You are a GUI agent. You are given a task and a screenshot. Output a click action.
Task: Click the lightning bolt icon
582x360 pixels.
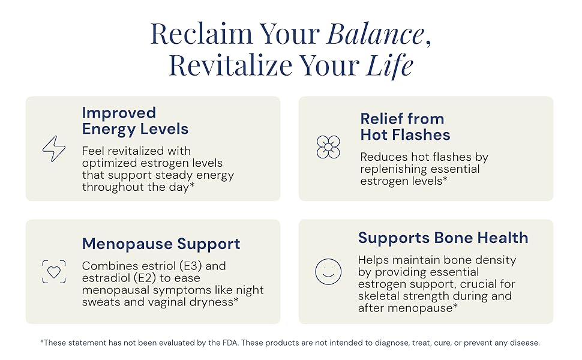click(x=54, y=148)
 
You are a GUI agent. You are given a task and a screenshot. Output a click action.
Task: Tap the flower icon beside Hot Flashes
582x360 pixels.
click(x=328, y=147)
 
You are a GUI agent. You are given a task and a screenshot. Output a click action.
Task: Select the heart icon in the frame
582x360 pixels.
click(x=54, y=272)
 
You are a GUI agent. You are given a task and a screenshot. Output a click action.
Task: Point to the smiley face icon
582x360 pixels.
click(x=328, y=272)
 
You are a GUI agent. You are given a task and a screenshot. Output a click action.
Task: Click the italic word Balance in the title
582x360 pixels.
click(x=375, y=34)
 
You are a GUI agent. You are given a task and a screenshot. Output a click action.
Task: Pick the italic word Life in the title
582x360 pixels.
click(x=389, y=65)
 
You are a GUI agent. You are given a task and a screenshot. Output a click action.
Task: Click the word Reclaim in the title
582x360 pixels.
click(x=202, y=34)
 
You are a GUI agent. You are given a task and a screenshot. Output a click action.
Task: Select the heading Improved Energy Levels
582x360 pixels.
click(x=135, y=121)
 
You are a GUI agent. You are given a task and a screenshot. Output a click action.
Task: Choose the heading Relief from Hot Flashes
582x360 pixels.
click(x=405, y=127)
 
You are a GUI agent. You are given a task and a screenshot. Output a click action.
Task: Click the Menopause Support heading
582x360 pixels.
click(x=161, y=244)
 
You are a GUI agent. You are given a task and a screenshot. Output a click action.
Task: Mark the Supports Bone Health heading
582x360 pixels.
click(x=443, y=238)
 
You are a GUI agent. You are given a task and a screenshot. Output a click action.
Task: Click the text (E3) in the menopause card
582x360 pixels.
click(x=190, y=266)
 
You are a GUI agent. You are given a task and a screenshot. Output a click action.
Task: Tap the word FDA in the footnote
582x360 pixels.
click(x=231, y=343)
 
